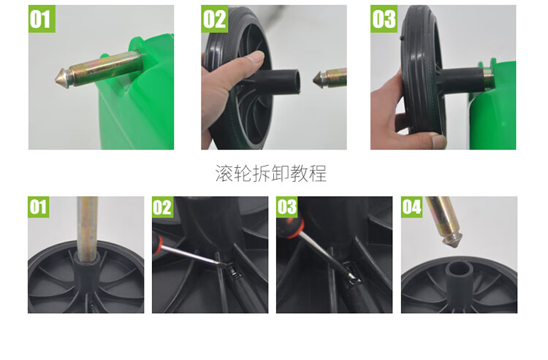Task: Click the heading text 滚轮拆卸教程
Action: pos(271,173)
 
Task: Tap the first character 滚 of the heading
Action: pos(224,173)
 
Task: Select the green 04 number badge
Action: pos(411,207)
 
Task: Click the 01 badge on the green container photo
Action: pos(42,19)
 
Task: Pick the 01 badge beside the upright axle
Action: pos(39,207)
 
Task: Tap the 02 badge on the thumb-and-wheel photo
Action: pos(215,19)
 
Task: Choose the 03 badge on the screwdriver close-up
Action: pos(287,207)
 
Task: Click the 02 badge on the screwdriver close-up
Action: pos(163,207)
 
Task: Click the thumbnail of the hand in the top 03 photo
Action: pos(438,142)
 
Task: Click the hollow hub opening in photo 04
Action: pos(459,269)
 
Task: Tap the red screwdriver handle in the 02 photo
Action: pos(157,242)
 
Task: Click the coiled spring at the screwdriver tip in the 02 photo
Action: pos(235,272)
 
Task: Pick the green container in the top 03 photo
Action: pos(492,104)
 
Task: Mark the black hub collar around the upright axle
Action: pos(87,271)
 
